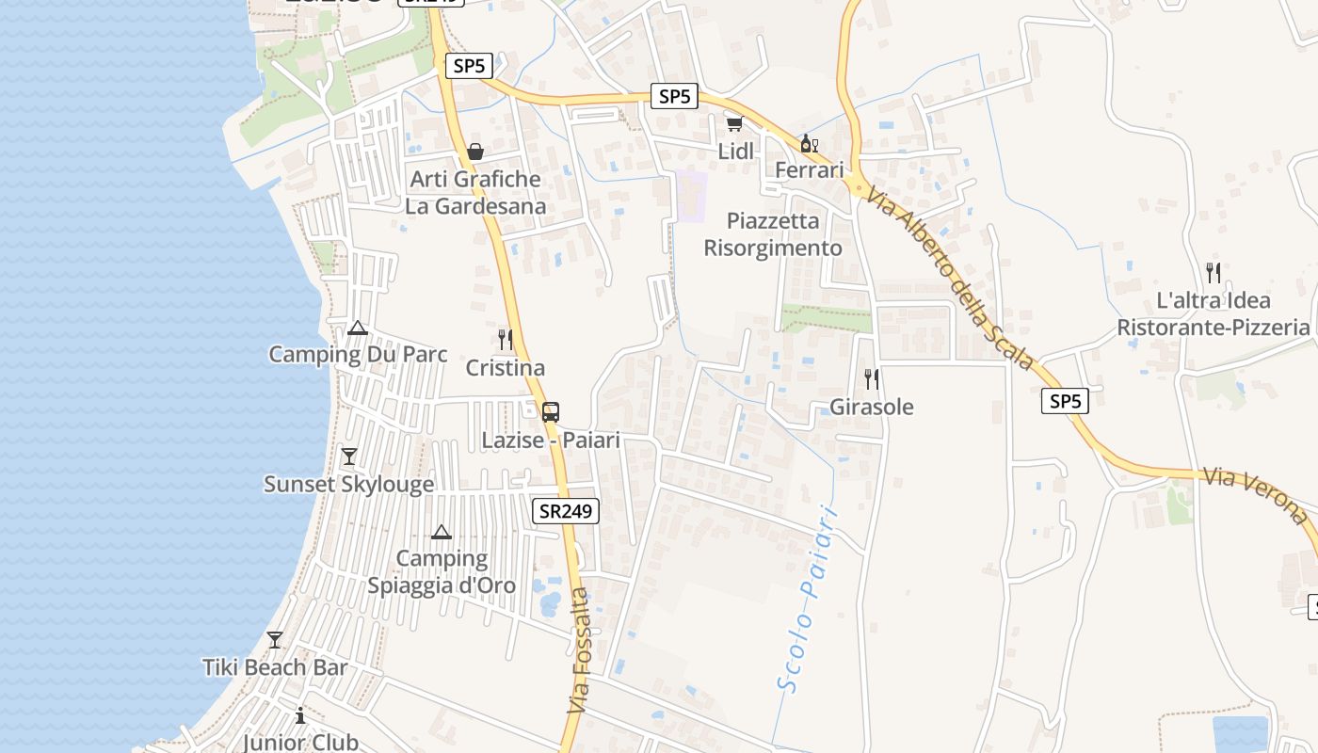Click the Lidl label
(x=736, y=151)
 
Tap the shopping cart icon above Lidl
(x=734, y=124)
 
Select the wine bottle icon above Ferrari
(x=808, y=144)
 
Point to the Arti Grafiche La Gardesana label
(x=475, y=192)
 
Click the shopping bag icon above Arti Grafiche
(x=475, y=151)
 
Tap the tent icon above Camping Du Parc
(x=357, y=328)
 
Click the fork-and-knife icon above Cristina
(x=506, y=339)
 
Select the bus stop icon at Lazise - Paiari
(x=551, y=411)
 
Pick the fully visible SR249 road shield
(x=567, y=511)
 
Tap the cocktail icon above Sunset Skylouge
(x=349, y=457)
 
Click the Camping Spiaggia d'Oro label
(x=442, y=571)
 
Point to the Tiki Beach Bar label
(x=275, y=667)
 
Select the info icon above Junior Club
(x=300, y=715)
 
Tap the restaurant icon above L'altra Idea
(x=1214, y=273)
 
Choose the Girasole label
(x=872, y=407)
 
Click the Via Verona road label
(x=1256, y=494)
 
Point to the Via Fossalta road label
(x=579, y=649)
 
